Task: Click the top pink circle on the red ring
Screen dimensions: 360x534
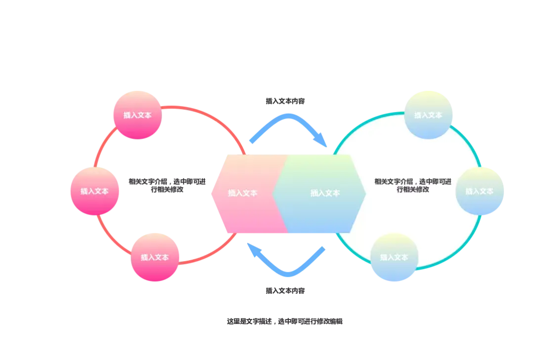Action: (137, 114)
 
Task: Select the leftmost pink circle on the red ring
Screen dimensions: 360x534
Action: (95, 191)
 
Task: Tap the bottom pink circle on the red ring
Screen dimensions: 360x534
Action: (155, 257)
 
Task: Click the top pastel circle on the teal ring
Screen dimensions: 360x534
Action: (428, 114)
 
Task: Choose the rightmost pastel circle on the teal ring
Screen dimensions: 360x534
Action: (480, 191)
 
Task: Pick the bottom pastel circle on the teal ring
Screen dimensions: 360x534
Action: (394, 257)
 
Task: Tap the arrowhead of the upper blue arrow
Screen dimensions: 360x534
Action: (321, 141)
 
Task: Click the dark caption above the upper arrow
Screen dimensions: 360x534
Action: (284, 101)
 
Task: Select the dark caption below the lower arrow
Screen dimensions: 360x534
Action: (284, 291)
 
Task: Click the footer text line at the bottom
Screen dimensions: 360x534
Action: (284, 321)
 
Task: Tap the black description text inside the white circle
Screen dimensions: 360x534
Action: (412, 185)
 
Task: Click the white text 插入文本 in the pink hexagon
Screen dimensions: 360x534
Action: (242, 193)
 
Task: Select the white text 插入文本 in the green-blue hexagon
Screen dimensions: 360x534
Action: (325, 193)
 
